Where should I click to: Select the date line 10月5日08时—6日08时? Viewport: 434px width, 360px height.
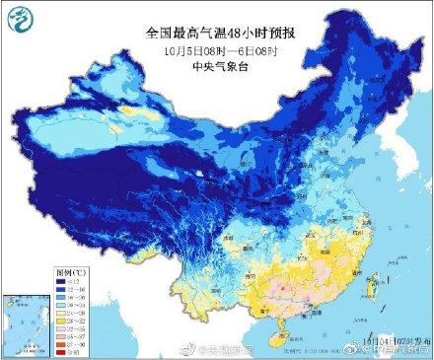[216, 50]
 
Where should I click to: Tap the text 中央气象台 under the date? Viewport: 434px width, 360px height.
[216, 68]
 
